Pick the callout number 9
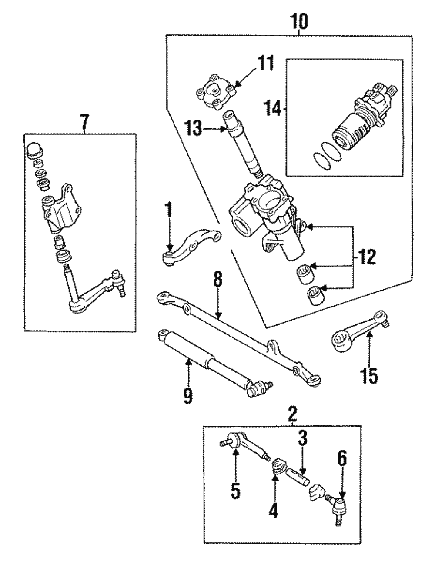187,395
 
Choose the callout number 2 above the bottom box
292,412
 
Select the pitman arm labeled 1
191,246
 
